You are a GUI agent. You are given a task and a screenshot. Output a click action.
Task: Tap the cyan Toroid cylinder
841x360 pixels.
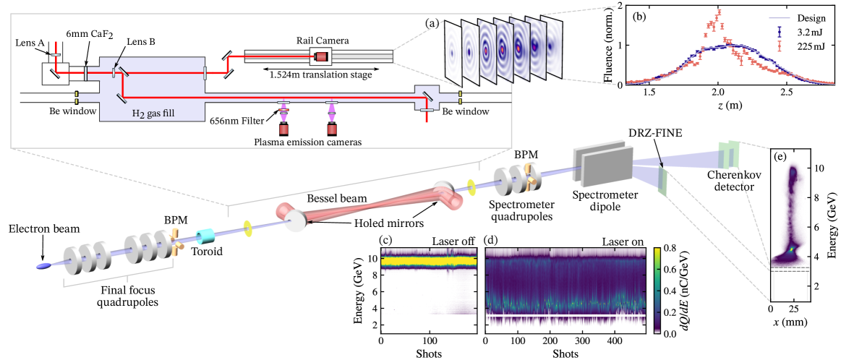(x=209, y=237)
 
